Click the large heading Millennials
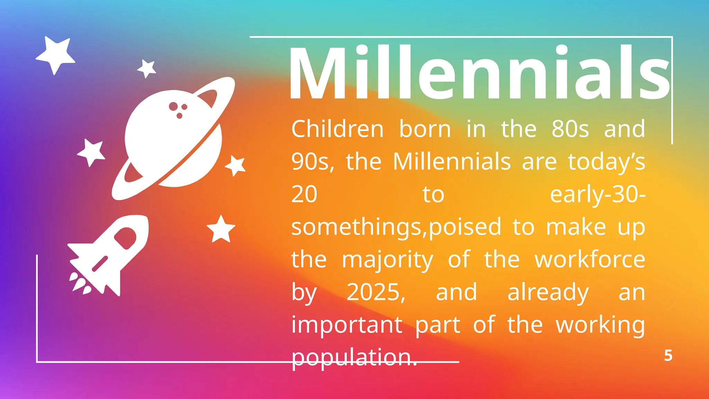(479, 73)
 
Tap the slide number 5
(668, 356)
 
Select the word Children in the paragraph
(337, 129)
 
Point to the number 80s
(570, 129)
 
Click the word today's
(607, 162)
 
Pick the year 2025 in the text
(376, 292)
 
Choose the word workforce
(590, 259)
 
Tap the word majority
(387, 260)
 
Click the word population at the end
(354, 357)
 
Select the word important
(347, 325)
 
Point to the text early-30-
(598, 194)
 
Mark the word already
(548, 293)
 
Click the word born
(425, 129)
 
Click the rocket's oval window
(125, 238)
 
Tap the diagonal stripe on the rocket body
(100, 264)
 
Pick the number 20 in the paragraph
(304, 194)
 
